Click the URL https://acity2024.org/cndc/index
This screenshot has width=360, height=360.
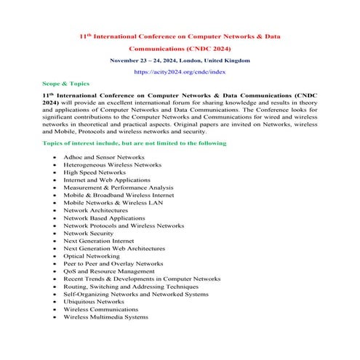click(x=180, y=72)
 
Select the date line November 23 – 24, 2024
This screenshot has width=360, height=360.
click(x=180, y=60)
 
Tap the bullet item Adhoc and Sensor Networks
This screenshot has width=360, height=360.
click(x=103, y=156)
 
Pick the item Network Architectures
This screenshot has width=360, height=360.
click(x=95, y=210)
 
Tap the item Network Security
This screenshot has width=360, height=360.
click(x=88, y=233)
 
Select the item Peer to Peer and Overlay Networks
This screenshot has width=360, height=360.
click(x=113, y=263)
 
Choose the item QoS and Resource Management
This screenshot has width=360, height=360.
click(x=108, y=271)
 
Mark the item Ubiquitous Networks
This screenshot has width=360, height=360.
click(x=93, y=301)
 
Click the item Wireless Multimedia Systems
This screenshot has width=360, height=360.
click(x=105, y=316)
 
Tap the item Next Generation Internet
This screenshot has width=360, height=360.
click(x=98, y=241)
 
